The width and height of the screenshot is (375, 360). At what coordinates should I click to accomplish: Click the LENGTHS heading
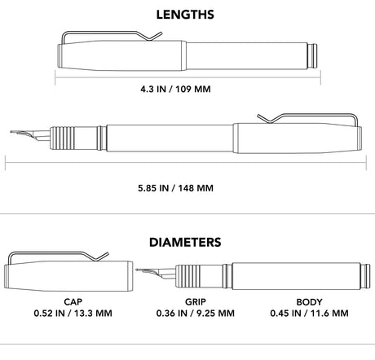(x=185, y=15)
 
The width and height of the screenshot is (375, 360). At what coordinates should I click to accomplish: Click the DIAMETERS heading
(x=185, y=242)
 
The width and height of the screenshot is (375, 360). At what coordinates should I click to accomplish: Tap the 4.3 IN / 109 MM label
(x=175, y=89)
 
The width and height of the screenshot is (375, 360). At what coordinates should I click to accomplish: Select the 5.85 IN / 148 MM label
(x=175, y=188)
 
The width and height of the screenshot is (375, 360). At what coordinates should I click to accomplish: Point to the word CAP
(x=73, y=301)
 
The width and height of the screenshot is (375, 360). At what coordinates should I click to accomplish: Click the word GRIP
(x=196, y=301)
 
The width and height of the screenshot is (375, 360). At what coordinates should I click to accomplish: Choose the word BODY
(x=309, y=301)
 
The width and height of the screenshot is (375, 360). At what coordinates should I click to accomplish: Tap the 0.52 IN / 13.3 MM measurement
(x=73, y=313)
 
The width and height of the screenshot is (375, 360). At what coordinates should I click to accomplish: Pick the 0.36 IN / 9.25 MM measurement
(x=196, y=313)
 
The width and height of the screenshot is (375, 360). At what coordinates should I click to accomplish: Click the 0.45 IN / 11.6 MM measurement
(x=309, y=313)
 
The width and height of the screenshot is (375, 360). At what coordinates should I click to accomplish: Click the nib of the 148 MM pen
(x=30, y=135)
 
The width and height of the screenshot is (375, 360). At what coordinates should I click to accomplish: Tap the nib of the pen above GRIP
(x=156, y=274)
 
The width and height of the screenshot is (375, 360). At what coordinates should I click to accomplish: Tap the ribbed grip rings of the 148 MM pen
(x=60, y=138)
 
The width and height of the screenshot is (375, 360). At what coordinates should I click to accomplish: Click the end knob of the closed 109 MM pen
(x=313, y=55)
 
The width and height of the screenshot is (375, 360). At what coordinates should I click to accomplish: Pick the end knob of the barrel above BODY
(x=365, y=276)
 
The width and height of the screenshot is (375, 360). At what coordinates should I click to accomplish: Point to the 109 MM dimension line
(x=187, y=77)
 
